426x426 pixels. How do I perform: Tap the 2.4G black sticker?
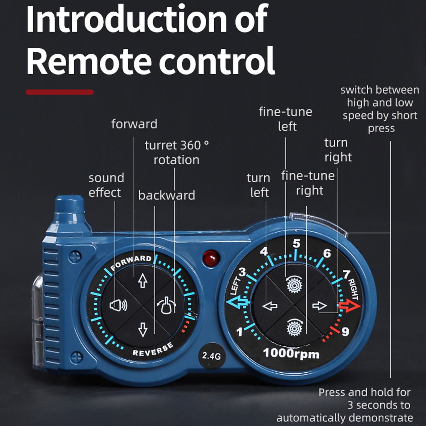click(x=212, y=356)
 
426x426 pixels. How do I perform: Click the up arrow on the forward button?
click(x=143, y=280)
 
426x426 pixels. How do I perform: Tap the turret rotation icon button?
click(x=166, y=305)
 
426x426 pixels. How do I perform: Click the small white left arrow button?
click(x=270, y=306)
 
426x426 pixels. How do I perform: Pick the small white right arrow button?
click(x=320, y=306)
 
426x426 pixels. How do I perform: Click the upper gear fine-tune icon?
click(x=294, y=284)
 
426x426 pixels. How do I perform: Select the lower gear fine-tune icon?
click(x=294, y=328)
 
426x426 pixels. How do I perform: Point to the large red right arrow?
click(x=350, y=306)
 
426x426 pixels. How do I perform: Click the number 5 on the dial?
click(x=297, y=244)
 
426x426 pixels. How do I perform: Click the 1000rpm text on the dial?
click(x=291, y=353)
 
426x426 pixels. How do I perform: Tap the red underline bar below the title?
click(x=60, y=92)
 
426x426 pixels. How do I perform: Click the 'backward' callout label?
click(x=167, y=195)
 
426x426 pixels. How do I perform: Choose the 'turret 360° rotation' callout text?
click(x=177, y=152)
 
